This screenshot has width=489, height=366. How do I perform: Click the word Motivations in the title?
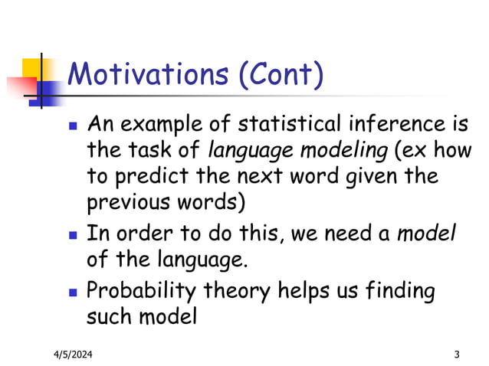(x=146, y=74)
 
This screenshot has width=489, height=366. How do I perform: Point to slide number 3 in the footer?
(x=457, y=354)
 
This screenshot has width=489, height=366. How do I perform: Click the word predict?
(x=151, y=176)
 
